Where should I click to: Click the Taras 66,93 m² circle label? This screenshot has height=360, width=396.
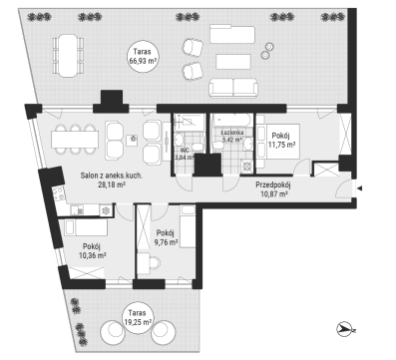[x=143, y=56]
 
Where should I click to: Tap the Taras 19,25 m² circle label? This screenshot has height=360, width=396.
[x=138, y=317]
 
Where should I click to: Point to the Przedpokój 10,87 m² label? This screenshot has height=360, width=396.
[x=273, y=189]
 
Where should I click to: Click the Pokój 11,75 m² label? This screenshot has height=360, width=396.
[x=282, y=140]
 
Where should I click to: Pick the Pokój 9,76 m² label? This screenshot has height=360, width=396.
[x=166, y=237]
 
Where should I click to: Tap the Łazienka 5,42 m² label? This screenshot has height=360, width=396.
[x=232, y=136]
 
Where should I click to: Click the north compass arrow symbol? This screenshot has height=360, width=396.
[x=346, y=329]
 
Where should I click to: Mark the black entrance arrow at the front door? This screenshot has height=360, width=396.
[x=359, y=188]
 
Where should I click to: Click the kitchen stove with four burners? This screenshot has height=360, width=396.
[x=59, y=193]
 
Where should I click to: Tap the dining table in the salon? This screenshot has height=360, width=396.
[x=75, y=140]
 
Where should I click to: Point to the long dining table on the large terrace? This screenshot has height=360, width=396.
[x=68, y=56]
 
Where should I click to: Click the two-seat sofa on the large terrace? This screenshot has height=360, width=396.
[x=233, y=88]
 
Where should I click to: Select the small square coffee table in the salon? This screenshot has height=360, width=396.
[x=133, y=139]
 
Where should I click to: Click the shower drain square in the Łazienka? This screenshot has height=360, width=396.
[x=247, y=167]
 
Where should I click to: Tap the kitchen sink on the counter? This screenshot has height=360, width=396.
[x=77, y=210]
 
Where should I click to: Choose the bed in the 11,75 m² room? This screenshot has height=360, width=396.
[x=278, y=142]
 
